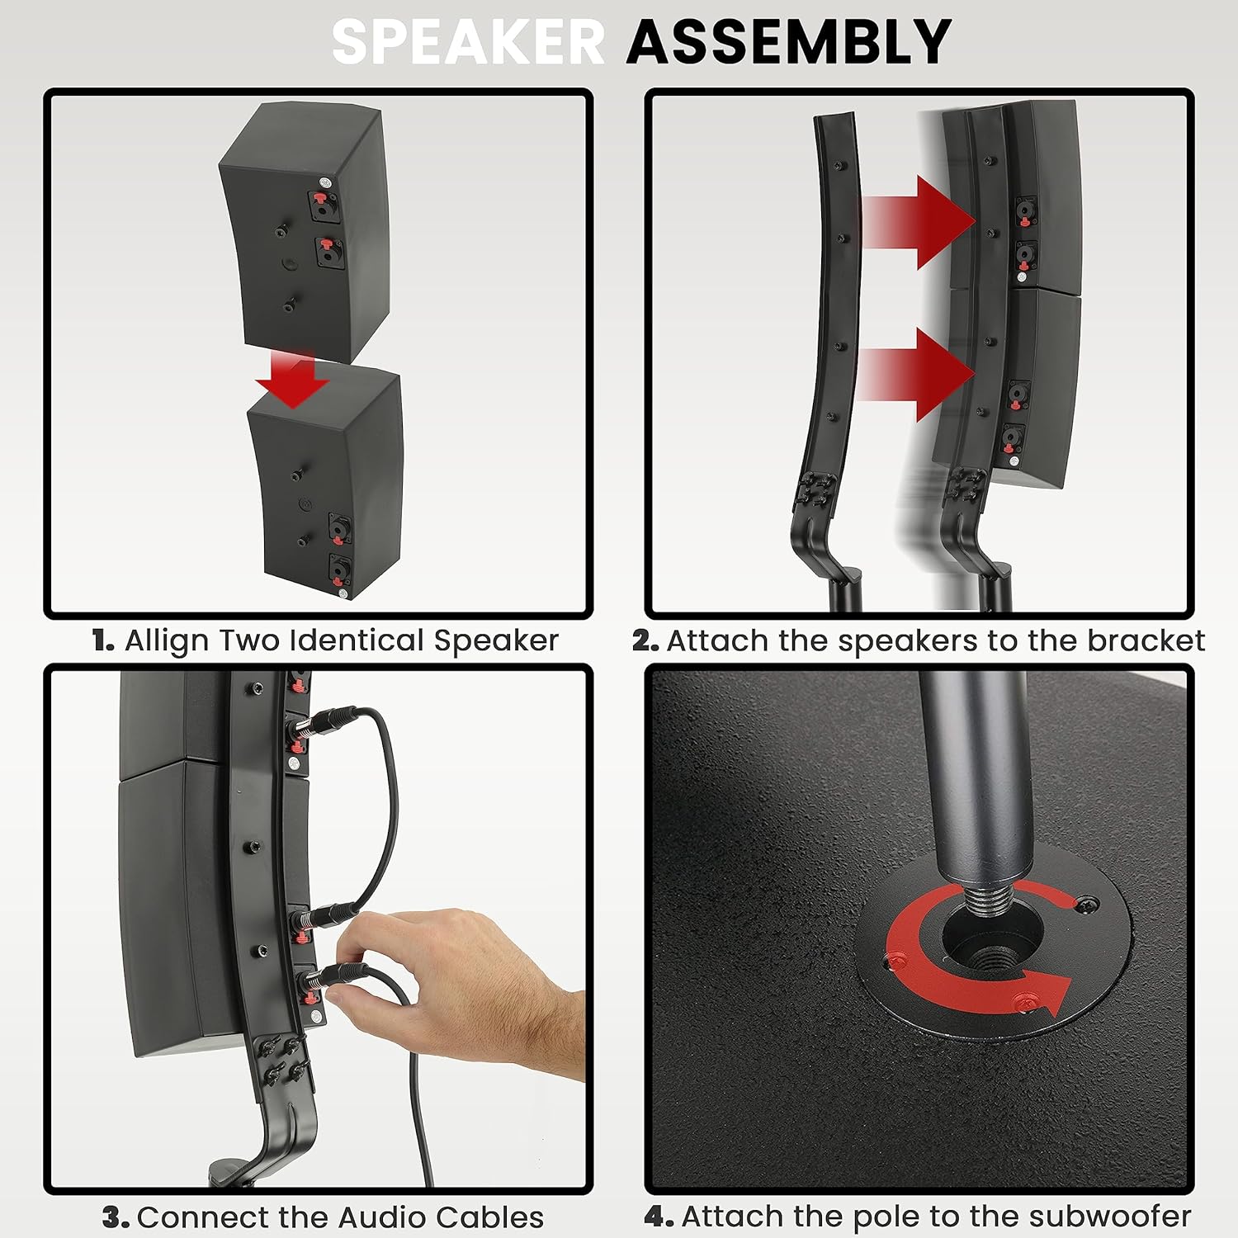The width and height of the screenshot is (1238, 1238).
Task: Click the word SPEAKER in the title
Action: click(468, 42)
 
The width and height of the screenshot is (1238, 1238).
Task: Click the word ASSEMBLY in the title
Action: click(789, 42)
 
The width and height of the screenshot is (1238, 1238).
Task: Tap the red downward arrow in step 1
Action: click(291, 379)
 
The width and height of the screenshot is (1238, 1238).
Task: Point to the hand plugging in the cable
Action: click(462, 990)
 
